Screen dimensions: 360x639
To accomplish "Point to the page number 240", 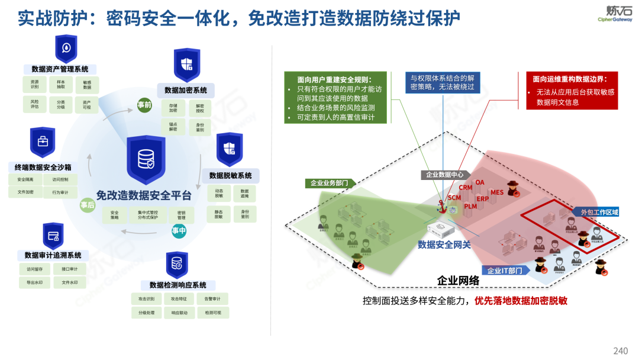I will [x=620, y=351].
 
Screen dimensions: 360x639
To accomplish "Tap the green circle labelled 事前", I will [x=144, y=105].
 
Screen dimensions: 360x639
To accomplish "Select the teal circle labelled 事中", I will [x=179, y=230].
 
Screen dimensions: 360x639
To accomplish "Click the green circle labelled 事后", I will [x=87, y=205].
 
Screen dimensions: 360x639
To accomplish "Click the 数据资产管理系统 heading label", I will [x=60, y=69].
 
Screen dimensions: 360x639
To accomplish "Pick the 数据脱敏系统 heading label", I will [x=230, y=176].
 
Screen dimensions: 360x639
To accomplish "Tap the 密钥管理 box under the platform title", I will [x=182, y=216].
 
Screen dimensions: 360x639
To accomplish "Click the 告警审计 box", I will [x=212, y=299].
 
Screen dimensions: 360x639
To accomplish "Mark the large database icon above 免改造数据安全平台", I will [x=145, y=159].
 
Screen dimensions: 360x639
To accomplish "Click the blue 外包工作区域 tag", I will [x=596, y=212].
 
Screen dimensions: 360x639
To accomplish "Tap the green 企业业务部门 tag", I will [x=330, y=184].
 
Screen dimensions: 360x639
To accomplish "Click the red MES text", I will [x=496, y=192].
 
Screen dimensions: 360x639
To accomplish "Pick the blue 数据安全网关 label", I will [x=444, y=245].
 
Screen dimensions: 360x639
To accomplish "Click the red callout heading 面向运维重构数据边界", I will [x=570, y=78].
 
